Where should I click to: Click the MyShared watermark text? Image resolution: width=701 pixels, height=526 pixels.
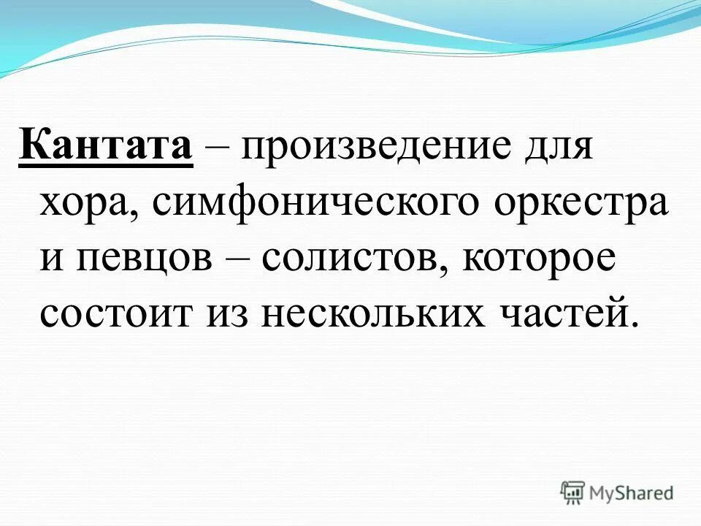pyautogui.click(x=632, y=492)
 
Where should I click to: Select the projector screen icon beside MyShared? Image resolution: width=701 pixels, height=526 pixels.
pyautogui.click(x=573, y=492)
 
